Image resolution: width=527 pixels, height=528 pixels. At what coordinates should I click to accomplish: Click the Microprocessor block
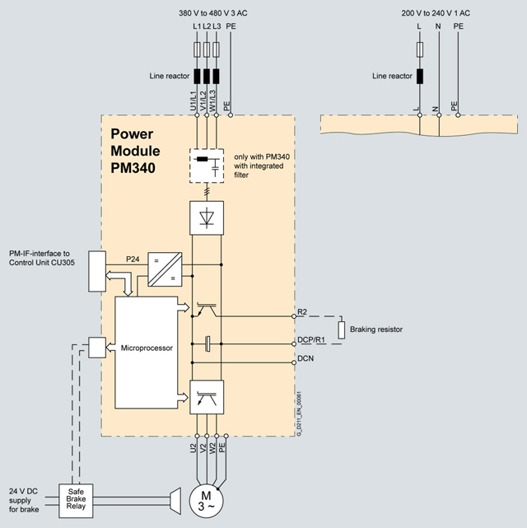(x=146, y=348)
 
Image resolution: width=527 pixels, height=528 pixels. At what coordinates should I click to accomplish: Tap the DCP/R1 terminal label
(x=311, y=339)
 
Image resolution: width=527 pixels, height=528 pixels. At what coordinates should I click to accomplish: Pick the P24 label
(x=133, y=259)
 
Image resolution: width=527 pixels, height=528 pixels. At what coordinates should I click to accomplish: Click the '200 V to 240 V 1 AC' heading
(x=437, y=14)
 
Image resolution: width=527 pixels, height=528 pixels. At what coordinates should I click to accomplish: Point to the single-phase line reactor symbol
(x=420, y=77)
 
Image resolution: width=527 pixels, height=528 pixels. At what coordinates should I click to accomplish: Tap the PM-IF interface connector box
(x=96, y=271)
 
